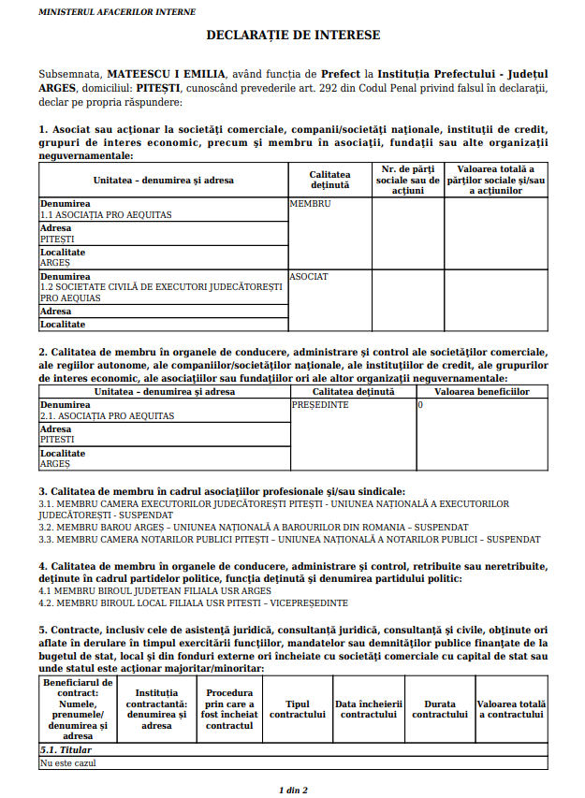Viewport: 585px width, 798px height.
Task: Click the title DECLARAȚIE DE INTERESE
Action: click(x=293, y=35)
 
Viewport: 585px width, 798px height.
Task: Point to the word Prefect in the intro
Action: click(x=342, y=72)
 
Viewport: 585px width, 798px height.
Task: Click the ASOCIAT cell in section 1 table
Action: click(x=309, y=277)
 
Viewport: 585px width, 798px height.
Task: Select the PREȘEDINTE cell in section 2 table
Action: click(x=320, y=405)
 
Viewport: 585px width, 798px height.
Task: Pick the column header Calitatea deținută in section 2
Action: click(x=353, y=392)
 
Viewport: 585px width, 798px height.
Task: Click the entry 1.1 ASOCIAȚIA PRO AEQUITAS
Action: click(x=106, y=214)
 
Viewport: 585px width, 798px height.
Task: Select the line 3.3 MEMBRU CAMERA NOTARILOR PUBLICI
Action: click(x=289, y=539)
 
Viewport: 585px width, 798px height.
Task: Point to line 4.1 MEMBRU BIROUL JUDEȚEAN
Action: click(x=154, y=591)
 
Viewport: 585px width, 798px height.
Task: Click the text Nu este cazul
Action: click(x=67, y=762)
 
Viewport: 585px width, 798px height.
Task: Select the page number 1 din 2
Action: click(x=293, y=790)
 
